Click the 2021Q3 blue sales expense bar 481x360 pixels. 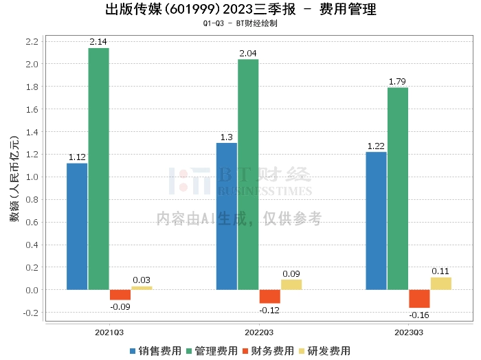tap(77, 226)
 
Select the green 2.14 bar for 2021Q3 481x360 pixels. tap(99, 168)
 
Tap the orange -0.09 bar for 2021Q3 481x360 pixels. tap(120, 295)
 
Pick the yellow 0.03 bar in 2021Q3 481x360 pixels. tap(142, 288)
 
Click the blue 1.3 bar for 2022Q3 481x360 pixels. tap(227, 216)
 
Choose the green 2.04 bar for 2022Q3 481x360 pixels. tap(248, 175)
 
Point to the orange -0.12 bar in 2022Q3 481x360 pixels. tap(269, 296)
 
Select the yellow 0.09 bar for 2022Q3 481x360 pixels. tap(291, 284)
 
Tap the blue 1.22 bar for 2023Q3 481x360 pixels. tap(376, 221)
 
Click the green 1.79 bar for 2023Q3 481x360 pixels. tap(398, 188)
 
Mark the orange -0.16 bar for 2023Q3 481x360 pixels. tap(419, 299)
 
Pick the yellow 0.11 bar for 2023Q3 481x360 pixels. tap(440, 283)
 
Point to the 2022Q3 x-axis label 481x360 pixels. tap(258, 333)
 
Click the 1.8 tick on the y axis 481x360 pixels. tap(30, 87)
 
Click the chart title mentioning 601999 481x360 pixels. tap(240, 10)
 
